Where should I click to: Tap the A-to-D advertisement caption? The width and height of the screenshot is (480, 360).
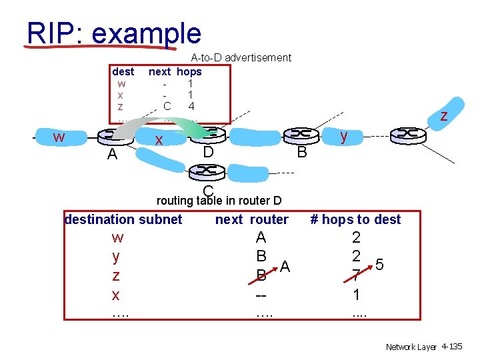241,58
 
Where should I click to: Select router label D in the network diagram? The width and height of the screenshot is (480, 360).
208,153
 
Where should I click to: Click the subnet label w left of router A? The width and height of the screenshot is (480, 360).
59,137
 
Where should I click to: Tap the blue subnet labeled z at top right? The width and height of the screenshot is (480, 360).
443,115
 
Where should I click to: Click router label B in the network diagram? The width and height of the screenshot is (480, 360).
302,153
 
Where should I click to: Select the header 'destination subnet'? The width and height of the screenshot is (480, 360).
123,219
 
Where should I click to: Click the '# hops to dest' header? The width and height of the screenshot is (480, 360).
356,219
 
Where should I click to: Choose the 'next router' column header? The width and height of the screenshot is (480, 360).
251,219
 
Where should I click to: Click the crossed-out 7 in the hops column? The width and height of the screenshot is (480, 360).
357,275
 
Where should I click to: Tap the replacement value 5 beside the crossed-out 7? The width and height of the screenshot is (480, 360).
379,265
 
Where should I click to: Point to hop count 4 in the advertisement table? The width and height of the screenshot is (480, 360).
191,106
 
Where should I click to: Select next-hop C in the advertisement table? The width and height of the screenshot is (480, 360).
167,106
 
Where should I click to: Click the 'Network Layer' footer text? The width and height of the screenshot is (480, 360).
411,347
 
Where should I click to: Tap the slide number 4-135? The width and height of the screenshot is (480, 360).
451,347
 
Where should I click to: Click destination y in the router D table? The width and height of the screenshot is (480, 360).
117,257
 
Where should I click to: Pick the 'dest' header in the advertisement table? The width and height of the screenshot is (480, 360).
123,71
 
